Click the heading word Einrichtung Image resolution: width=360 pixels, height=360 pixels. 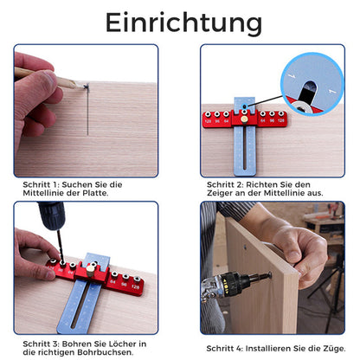[x=183, y=23]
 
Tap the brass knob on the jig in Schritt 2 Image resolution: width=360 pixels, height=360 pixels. [x=244, y=119]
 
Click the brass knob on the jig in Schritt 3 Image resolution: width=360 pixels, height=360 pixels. [x=91, y=271]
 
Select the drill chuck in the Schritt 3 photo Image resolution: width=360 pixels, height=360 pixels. [x=52, y=215]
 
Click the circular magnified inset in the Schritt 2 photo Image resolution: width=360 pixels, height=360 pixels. [x=312, y=84]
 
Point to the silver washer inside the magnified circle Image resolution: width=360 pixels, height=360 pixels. [x=301, y=108]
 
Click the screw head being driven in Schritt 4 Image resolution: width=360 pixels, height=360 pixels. [x=269, y=275]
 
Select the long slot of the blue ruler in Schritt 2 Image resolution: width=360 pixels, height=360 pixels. [x=245, y=149]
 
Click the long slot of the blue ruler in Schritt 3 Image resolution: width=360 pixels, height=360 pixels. [x=81, y=306]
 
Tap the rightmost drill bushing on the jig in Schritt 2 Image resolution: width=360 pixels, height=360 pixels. [x=281, y=113]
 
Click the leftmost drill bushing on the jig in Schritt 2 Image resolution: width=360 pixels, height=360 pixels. [x=208, y=114]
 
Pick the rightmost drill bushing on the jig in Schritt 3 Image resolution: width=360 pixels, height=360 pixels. [x=138, y=280]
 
